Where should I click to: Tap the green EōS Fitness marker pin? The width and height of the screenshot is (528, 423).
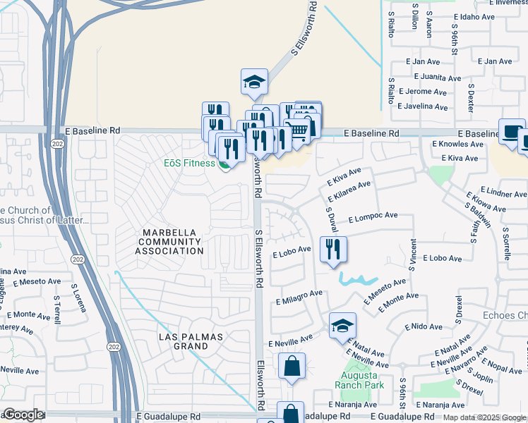224,165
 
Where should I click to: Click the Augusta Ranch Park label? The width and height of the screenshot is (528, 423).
359,380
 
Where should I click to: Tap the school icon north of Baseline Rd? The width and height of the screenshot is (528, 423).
254,82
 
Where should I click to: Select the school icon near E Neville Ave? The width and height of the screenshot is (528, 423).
342,326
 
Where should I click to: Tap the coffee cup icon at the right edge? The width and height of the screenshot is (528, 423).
512,132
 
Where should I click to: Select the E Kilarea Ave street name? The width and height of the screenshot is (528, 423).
349,190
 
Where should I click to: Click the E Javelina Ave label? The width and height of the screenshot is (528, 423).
422,107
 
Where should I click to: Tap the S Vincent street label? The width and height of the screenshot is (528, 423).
412,257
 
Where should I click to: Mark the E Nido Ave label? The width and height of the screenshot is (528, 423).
424,327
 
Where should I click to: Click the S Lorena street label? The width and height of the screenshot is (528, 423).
78,298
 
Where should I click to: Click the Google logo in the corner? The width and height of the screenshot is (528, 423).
23,415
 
